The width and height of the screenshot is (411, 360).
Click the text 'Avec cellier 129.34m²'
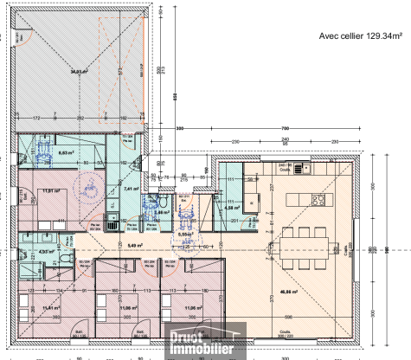point(360,35)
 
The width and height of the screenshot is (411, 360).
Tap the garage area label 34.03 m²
point(80,73)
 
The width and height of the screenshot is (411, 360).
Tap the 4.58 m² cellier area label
point(231,208)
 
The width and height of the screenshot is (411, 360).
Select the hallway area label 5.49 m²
point(133,245)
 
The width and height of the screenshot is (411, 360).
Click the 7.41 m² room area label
point(131,188)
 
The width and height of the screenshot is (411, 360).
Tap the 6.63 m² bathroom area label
point(62,151)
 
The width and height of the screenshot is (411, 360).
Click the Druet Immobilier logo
point(201,341)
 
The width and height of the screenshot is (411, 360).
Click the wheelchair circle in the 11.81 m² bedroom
point(87,186)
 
